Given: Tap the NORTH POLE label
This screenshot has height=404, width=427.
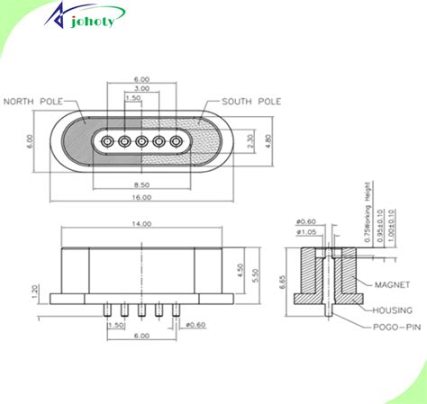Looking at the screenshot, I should click(33, 103).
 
